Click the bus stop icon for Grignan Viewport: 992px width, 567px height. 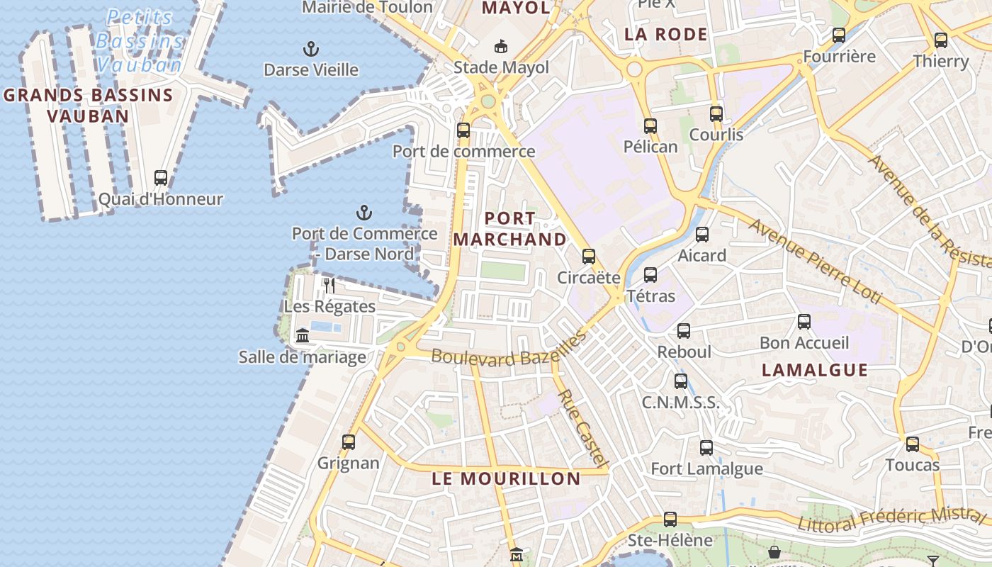[x=348, y=442]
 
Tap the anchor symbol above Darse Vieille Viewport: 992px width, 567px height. [x=310, y=49]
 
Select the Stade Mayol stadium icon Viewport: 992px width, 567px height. [x=501, y=46]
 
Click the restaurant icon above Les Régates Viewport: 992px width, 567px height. [x=329, y=285]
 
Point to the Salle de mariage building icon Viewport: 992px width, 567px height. [x=303, y=335]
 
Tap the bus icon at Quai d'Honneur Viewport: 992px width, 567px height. [x=161, y=178]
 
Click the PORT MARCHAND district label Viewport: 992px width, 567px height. [x=510, y=228]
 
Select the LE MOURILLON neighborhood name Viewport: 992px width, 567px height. [x=506, y=478]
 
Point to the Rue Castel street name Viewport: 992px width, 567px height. [x=583, y=428]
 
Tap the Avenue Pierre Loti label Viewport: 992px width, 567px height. [x=815, y=262]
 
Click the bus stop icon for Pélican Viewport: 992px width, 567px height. [x=650, y=126]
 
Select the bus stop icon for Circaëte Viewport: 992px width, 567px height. [x=588, y=257]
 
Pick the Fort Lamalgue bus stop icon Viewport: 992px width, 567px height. [x=706, y=448]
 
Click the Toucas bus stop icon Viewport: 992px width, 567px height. [x=912, y=444]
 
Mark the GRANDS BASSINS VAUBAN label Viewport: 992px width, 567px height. [x=89, y=105]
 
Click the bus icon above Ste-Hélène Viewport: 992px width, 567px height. [x=670, y=520]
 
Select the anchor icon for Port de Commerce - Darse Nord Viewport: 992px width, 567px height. [x=363, y=213]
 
